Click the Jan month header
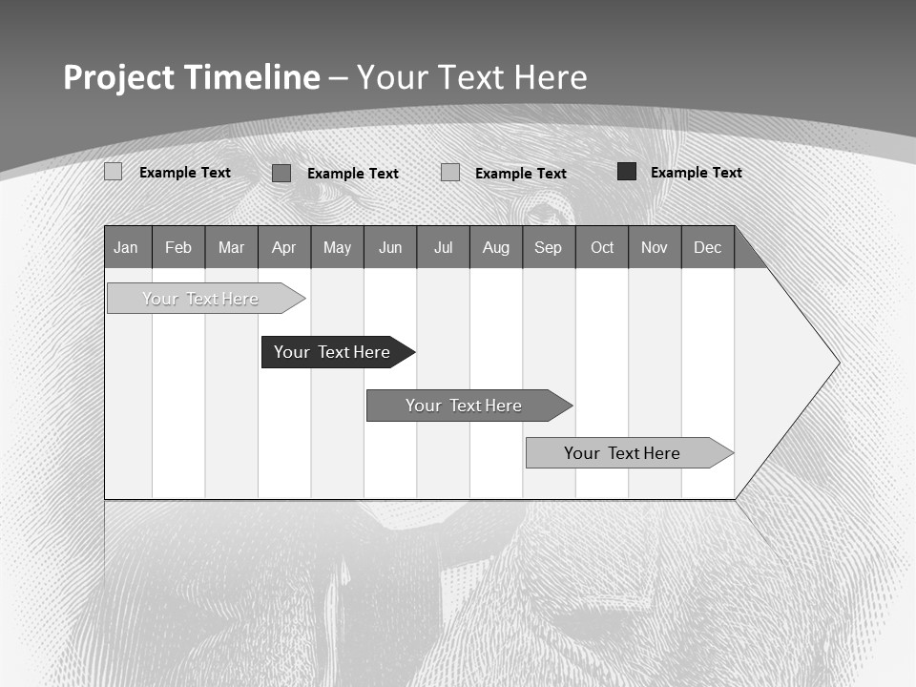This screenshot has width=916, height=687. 127,247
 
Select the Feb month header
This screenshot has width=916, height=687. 178,247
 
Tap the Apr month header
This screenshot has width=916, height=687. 284,247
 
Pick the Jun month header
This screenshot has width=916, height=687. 390,247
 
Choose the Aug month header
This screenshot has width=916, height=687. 496,247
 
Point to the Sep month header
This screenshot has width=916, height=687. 549,247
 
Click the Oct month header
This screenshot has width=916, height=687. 602,247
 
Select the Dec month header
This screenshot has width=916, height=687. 708,247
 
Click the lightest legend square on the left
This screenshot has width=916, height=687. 114,172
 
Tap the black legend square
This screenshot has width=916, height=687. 627,172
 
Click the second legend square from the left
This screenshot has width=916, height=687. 281,173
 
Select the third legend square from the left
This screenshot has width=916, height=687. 450,173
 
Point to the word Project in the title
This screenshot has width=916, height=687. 118,77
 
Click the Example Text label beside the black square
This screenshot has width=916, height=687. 696,173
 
